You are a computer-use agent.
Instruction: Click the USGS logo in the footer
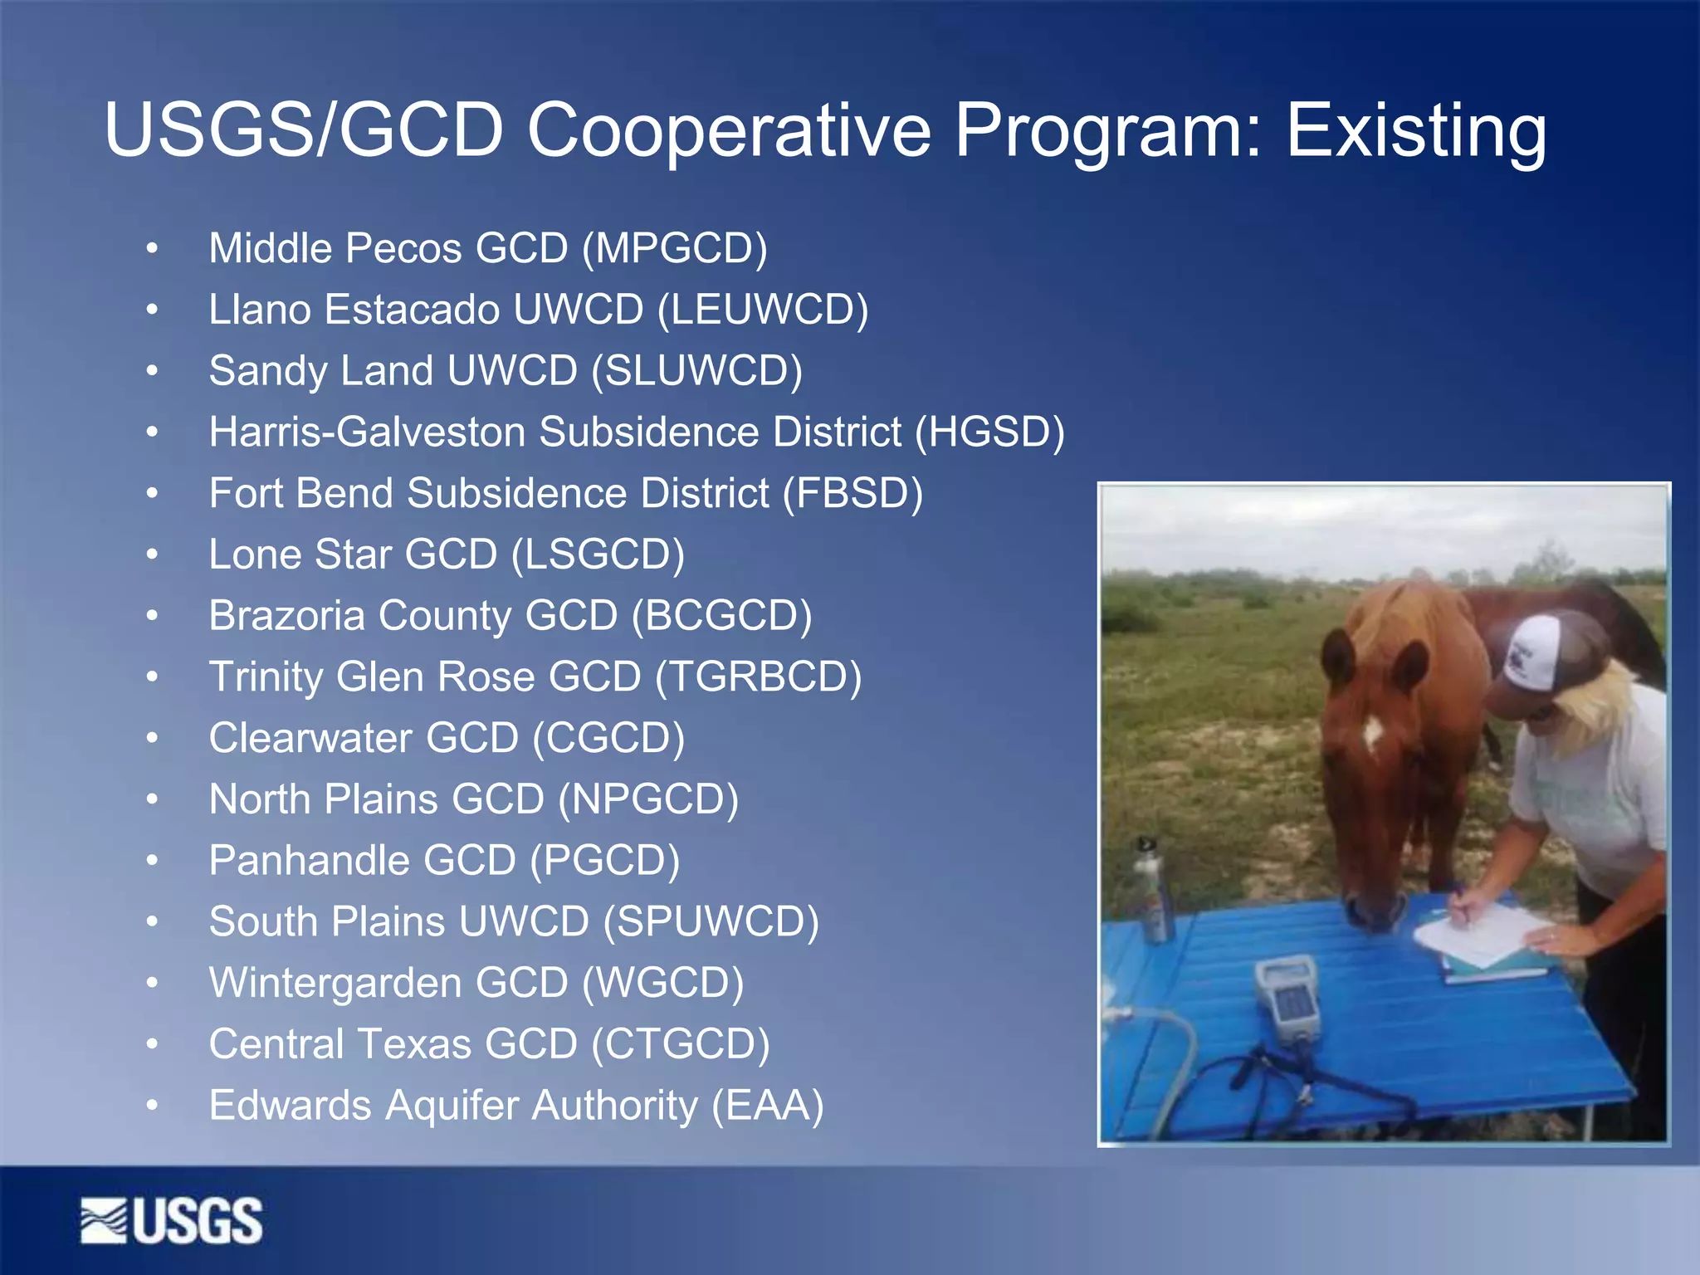pos(172,1220)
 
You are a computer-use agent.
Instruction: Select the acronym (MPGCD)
pos(675,248)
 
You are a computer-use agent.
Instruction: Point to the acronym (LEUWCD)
pos(763,310)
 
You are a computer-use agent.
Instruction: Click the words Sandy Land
pos(321,371)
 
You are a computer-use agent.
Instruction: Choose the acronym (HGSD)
pos(989,432)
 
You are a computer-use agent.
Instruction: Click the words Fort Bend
pos(300,493)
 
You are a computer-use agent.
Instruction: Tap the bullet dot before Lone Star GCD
pos(152,554)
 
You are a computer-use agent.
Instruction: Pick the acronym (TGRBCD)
pos(758,677)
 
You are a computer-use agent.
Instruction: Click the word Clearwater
pos(310,738)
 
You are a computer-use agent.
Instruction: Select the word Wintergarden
pos(335,983)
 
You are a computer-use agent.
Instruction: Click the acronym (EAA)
pos(768,1106)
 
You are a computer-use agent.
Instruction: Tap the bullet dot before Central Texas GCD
pos(152,1044)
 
